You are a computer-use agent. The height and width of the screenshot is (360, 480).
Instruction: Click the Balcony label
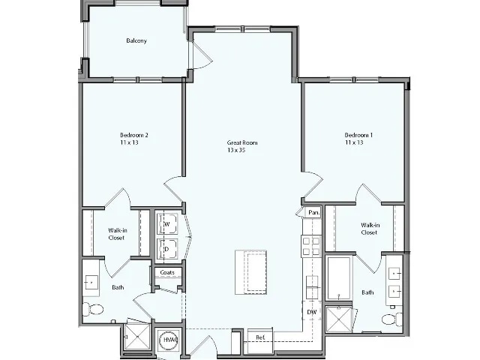tap(136, 40)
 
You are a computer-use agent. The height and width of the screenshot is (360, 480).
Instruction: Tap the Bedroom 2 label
tap(134, 135)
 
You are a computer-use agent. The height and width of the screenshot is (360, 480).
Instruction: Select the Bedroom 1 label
tap(359, 135)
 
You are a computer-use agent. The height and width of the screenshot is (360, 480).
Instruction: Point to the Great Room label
tap(242, 142)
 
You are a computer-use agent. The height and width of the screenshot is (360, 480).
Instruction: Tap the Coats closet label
tap(167, 272)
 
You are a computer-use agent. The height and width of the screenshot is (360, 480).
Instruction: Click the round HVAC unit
tap(169, 341)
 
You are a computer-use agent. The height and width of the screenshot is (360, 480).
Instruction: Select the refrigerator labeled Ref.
tap(259, 338)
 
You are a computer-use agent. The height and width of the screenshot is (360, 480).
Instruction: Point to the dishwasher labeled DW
tap(311, 311)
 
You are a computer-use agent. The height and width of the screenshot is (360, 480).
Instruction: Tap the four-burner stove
tap(310, 246)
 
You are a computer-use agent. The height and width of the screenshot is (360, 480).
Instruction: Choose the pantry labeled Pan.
tap(313, 213)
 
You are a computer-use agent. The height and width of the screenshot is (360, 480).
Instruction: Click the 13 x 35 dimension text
tap(238, 150)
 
